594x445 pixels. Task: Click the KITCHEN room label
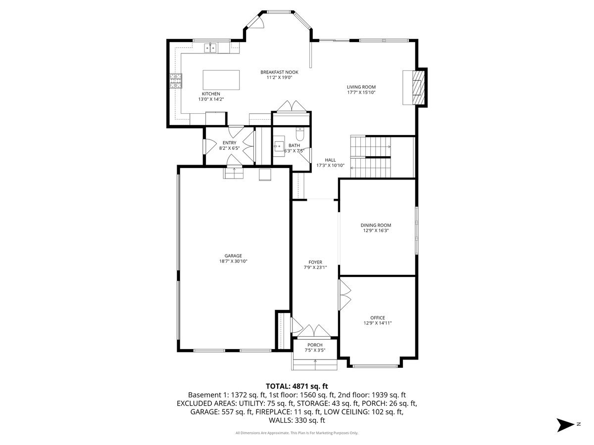[211, 94]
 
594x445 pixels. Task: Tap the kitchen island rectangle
[221, 80]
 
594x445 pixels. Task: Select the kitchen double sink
[210, 48]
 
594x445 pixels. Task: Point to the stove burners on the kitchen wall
[176, 81]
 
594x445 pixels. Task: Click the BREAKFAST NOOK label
[279, 72]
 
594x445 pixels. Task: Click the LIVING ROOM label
[361, 87]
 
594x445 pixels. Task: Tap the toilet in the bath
[300, 133]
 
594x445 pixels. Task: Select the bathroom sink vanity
[279, 146]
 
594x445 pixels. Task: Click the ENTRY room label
[230, 143]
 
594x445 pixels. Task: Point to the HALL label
[330, 160]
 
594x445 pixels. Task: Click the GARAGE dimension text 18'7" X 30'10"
[233, 261]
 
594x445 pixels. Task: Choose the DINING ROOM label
[376, 225]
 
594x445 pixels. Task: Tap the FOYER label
[315, 262]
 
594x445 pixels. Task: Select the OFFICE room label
[378, 318]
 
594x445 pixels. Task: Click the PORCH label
[315, 345]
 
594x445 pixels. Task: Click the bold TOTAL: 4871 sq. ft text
[297, 386]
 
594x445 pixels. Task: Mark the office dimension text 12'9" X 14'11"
[378, 323]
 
